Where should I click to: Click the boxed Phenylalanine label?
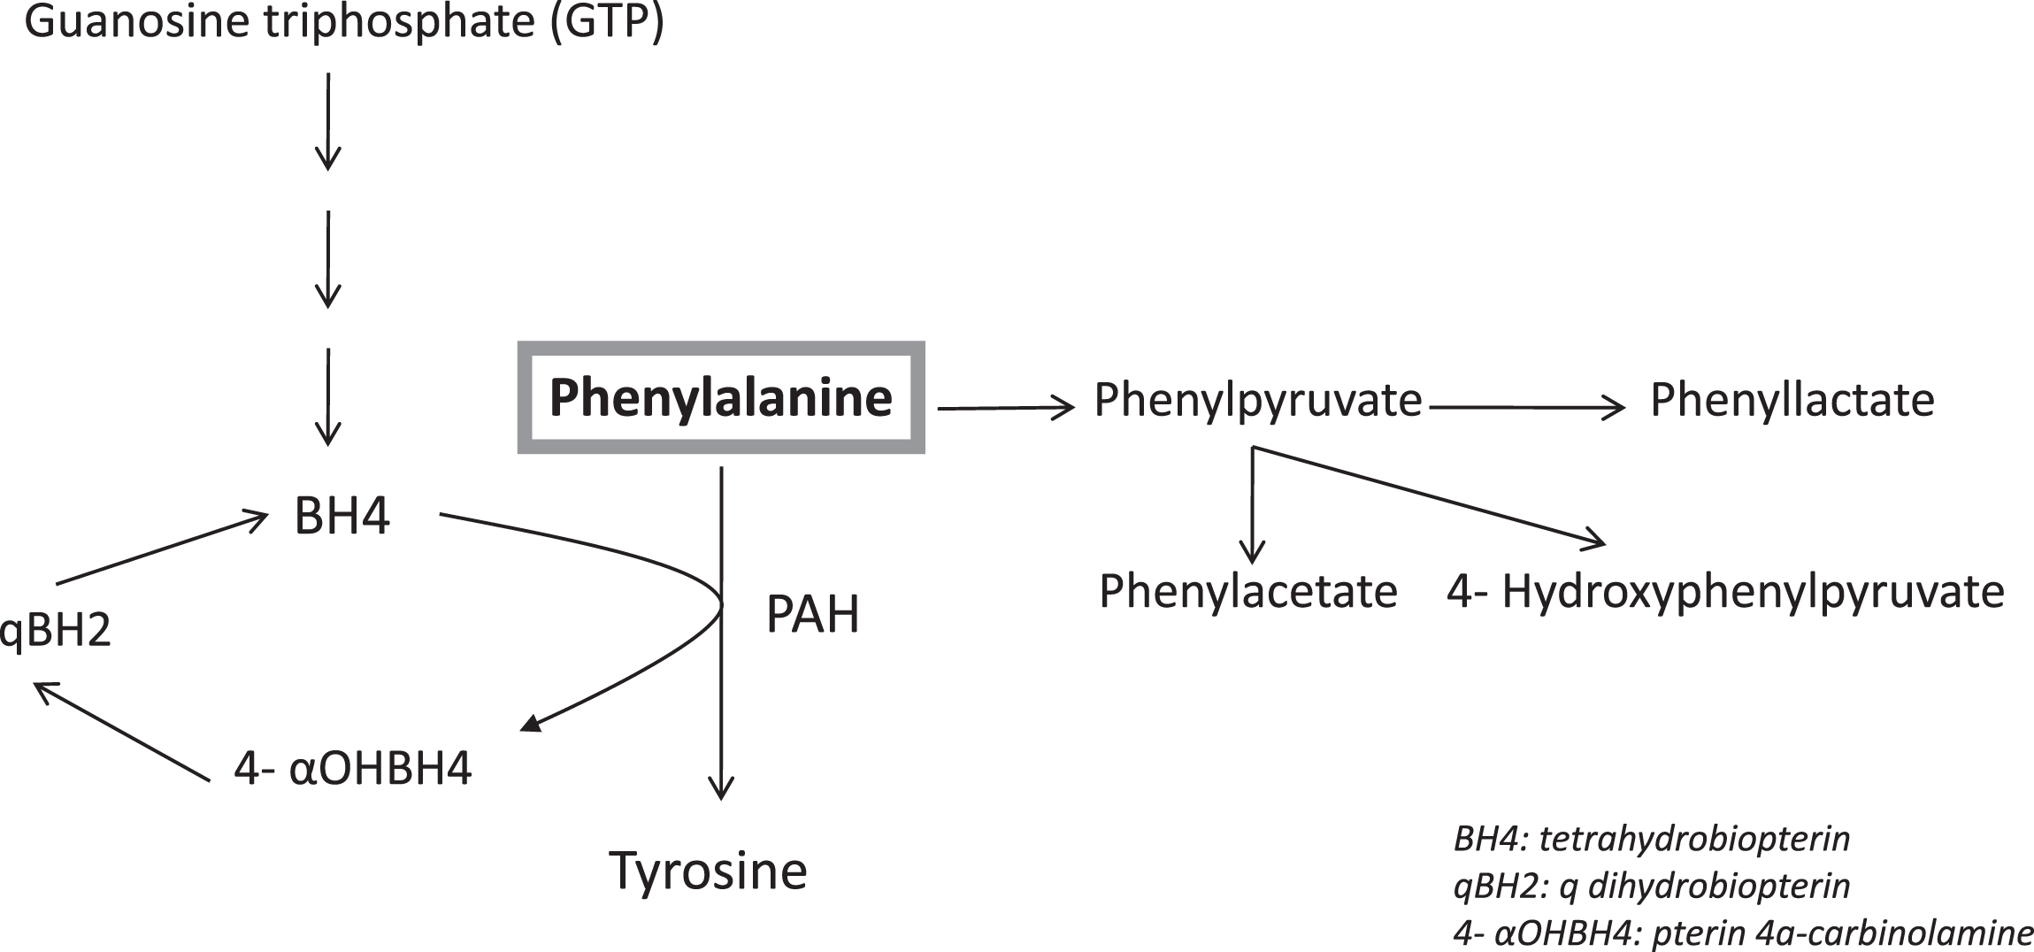tap(721, 397)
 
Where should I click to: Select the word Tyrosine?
tap(709, 871)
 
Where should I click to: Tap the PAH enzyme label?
tap(813, 614)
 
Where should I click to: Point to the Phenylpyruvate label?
tap(1258, 401)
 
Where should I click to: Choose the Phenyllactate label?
tap(1792, 401)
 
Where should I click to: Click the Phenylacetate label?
tap(1248, 592)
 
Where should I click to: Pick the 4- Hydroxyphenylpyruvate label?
tap(1725, 592)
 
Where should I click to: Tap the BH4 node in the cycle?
tap(342, 517)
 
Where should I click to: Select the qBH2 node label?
tap(56, 631)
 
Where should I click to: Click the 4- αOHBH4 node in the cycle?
tap(353, 768)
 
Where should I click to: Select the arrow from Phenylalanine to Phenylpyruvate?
tap(1006, 408)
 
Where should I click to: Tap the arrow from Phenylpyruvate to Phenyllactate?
tap(1528, 407)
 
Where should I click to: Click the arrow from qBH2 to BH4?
tap(162, 548)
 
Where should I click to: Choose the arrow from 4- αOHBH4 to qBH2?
tap(120, 732)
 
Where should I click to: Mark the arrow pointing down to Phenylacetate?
tap(1252, 505)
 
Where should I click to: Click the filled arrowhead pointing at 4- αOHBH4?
tap(531, 723)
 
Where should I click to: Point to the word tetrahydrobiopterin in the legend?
tap(1695, 839)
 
